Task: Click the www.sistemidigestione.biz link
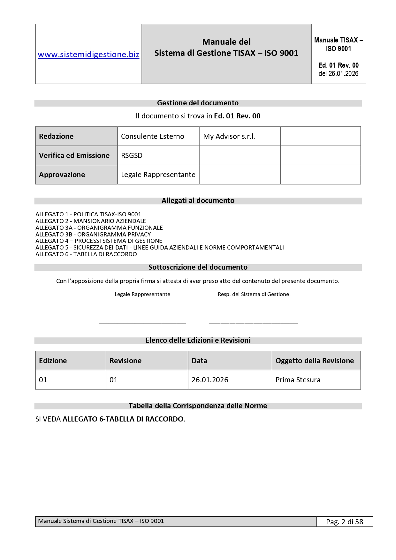pos(88,55)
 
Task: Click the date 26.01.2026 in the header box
pos(339,74)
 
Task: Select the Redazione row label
pos(56,137)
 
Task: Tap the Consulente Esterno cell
pos(152,137)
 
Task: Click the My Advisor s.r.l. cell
pos(229,137)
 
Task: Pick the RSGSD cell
pos(132,156)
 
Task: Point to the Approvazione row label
pos(62,175)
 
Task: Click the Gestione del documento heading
pos(198,103)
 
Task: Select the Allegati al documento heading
pos(198,201)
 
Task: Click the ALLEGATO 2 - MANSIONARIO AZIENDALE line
pos(91,221)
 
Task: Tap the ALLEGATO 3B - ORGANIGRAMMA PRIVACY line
pos(93,235)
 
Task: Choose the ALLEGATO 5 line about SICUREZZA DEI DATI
pos(159,248)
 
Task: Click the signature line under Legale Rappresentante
pos(142,323)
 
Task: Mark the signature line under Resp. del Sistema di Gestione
pos(253,323)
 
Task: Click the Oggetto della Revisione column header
pos(315,361)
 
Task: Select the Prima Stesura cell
pos(298,380)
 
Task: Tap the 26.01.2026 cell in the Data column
pos(210,380)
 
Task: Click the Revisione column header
pos(126,361)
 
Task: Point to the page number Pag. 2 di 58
pos(345,522)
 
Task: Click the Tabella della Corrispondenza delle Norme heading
pos(198,406)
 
